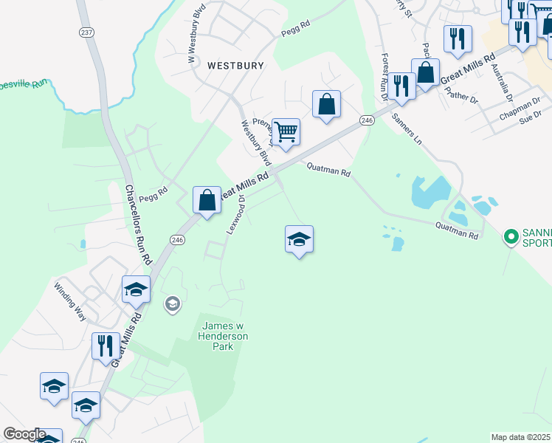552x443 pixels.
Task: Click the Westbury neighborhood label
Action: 235,65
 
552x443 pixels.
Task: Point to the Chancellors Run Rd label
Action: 138,225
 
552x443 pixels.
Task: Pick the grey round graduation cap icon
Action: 173,303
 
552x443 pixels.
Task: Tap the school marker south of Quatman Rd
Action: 299,240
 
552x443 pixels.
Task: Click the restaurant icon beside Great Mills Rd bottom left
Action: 106,346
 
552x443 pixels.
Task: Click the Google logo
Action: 24,434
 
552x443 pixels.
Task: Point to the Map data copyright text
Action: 521,437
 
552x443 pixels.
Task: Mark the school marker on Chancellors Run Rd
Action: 136,291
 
